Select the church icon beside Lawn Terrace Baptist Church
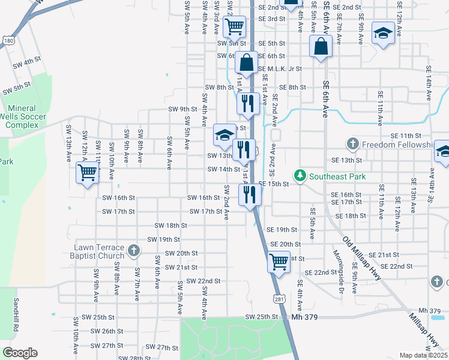click(133, 250)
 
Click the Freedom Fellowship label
click(397, 145)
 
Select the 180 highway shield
click(7, 40)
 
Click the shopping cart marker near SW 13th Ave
click(88, 173)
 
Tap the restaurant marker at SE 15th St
click(249, 194)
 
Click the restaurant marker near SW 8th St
click(247, 103)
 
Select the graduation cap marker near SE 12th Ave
click(382, 32)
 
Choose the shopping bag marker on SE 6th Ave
click(321, 46)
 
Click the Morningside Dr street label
click(337, 277)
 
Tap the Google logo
click(20, 353)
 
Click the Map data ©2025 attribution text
click(423, 355)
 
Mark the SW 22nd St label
click(203, 281)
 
